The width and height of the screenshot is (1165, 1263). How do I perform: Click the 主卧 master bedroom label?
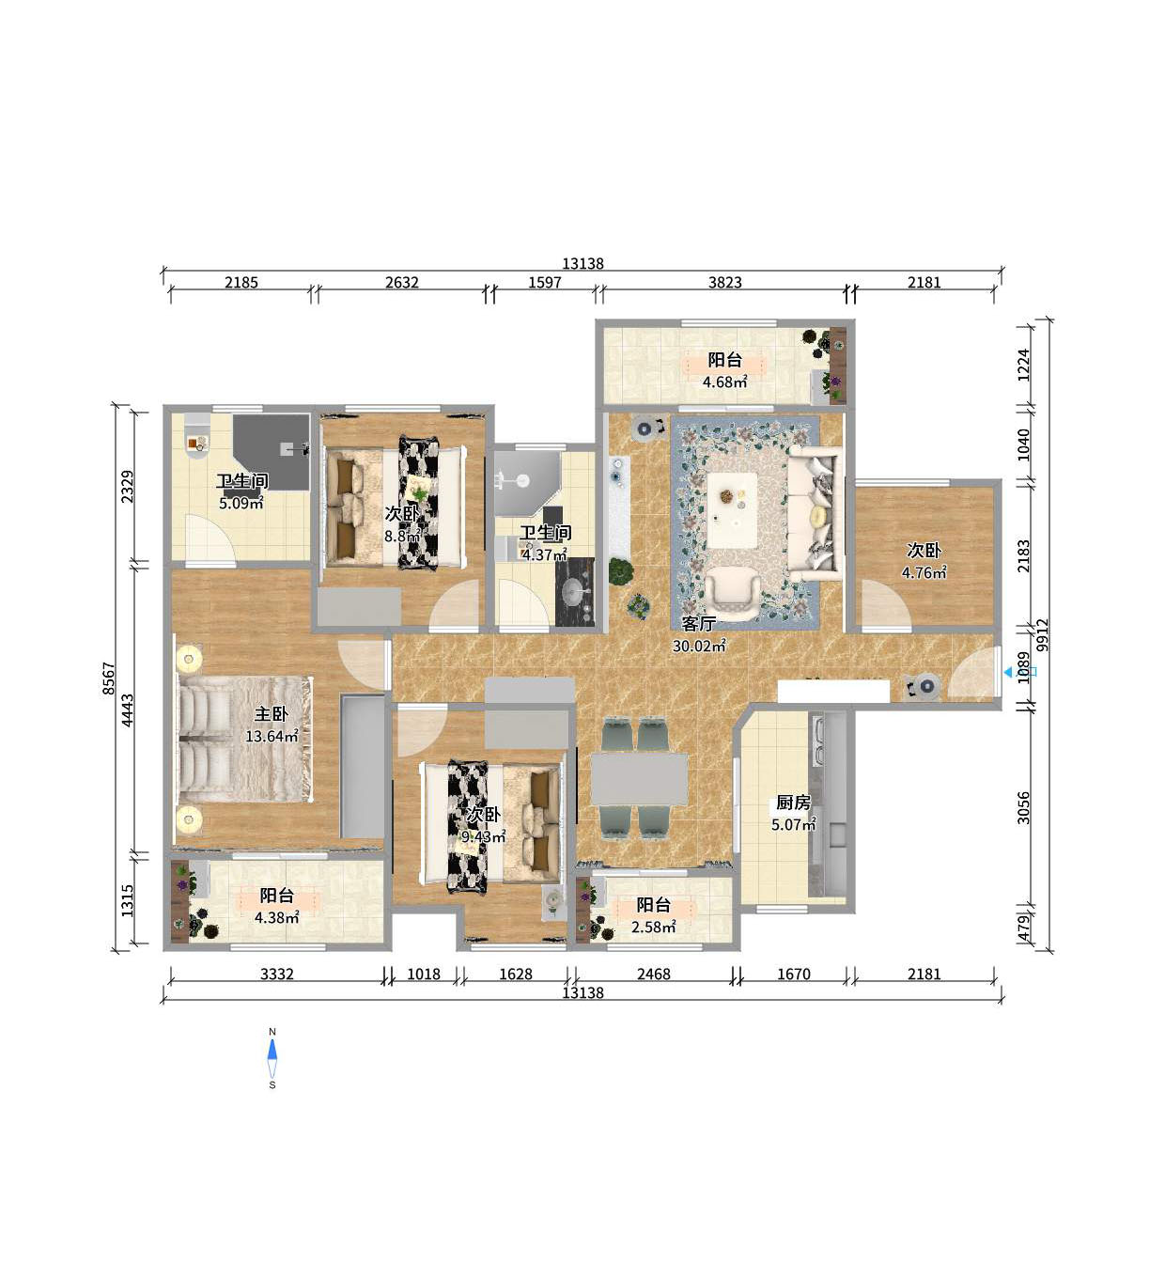point(271,714)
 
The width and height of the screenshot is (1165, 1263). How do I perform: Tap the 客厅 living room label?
point(699,623)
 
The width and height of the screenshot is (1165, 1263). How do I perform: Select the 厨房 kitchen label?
point(793,803)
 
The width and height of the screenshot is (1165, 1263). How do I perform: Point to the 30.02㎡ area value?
point(700,647)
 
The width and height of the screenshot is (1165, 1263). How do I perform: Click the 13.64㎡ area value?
point(272,737)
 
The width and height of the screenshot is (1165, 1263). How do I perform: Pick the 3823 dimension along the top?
point(725,282)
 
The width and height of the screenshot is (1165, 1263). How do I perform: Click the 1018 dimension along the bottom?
point(424,975)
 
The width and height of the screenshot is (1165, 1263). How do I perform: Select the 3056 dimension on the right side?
point(1023,807)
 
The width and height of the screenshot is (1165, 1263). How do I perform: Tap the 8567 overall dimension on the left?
point(109,678)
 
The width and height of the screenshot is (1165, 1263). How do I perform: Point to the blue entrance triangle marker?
point(1008,672)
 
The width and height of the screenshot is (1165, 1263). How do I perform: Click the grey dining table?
point(639,779)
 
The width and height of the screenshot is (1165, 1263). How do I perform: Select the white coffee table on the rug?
point(733,509)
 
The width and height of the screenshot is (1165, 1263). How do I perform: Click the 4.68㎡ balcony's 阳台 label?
point(725,360)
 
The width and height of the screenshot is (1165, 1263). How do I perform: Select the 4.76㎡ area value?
point(924,572)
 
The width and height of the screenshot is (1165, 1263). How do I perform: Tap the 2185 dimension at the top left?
point(241,282)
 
